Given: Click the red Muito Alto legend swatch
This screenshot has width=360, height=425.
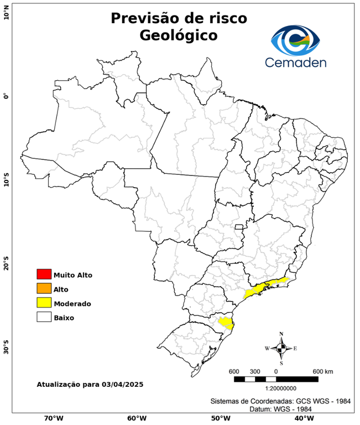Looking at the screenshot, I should (x=44, y=274).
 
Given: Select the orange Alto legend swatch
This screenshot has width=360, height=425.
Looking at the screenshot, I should (x=44, y=288).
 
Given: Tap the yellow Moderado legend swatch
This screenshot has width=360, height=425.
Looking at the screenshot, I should (x=44, y=303).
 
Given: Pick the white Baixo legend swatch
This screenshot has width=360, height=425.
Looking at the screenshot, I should (x=44, y=317).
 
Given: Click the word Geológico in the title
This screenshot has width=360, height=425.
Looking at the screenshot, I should (x=178, y=35).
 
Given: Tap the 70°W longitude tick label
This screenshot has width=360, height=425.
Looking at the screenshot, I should (x=53, y=418).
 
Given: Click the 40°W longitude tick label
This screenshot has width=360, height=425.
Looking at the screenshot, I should (x=302, y=418).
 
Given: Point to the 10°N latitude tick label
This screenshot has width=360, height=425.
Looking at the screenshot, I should (x=6, y=12).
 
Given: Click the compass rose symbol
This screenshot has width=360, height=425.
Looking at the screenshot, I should (x=281, y=348).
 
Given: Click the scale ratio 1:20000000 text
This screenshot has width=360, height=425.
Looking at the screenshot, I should (x=276, y=389).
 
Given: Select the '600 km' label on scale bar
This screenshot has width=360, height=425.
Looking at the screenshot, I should (x=322, y=371).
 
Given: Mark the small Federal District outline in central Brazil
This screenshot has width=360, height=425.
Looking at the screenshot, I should (x=239, y=227).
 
